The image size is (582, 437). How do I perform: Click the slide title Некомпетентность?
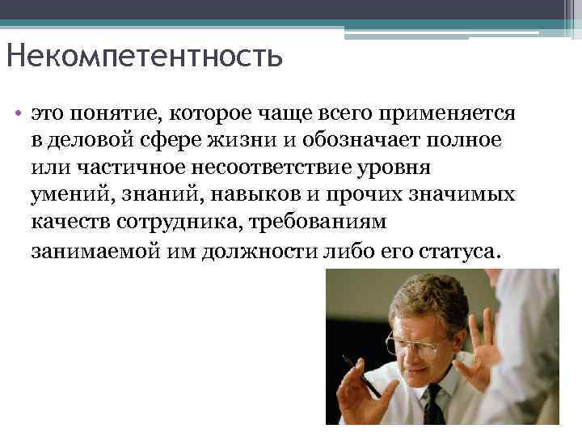pos(144,57)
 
